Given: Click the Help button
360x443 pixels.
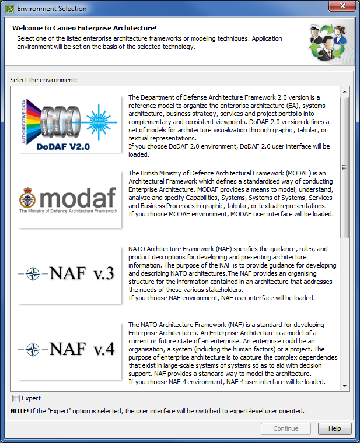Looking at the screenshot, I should (x=334, y=428).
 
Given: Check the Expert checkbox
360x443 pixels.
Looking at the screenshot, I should (x=16, y=399).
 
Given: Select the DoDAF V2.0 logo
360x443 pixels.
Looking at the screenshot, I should (x=69, y=123).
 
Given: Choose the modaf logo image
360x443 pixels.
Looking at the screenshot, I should (x=69, y=199).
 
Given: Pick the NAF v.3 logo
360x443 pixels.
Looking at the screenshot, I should (x=69, y=274).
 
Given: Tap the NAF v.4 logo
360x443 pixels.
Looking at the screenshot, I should (x=69, y=350).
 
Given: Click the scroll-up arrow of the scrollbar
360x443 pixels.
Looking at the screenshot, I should (x=345, y=92).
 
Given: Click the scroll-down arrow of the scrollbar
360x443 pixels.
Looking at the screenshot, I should (x=345, y=386).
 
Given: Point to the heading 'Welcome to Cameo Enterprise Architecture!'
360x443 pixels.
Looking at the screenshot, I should (x=83, y=28).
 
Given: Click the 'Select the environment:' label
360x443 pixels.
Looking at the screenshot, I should (x=44, y=80).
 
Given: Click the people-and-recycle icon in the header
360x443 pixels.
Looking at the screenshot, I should (x=329, y=43).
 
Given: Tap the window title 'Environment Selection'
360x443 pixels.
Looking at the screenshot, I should (x=51, y=9).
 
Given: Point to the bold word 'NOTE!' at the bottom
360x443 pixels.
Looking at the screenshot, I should (x=20, y=411).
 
